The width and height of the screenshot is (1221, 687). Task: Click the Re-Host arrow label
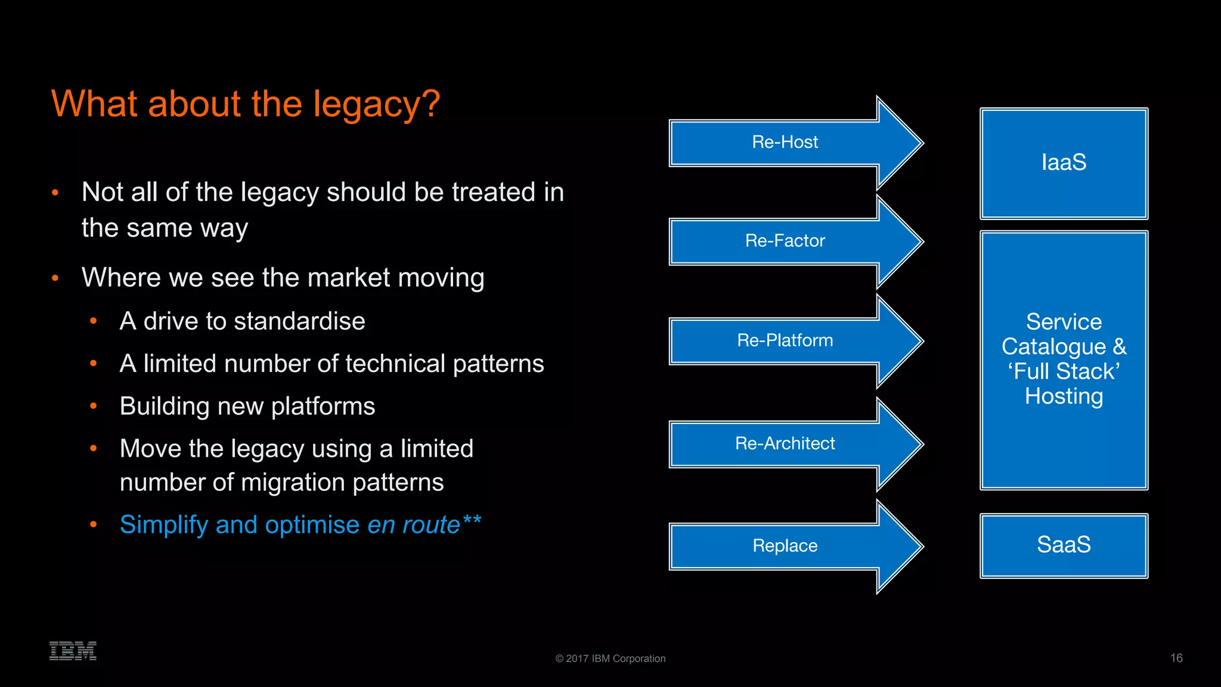point(785,142)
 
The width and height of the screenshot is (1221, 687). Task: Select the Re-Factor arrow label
point(785,241)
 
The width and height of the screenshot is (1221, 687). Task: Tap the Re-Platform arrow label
point(785,341)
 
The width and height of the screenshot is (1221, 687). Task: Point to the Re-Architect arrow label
point(785,444)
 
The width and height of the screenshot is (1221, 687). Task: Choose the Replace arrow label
point(785,546)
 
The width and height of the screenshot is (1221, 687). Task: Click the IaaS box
point(1064,163)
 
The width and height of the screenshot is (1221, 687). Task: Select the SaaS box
point(1064,545)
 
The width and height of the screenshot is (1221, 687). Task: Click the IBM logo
point(73,651)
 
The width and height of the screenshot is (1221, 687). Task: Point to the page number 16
point(1176,658)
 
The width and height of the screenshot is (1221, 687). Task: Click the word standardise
point(299,321)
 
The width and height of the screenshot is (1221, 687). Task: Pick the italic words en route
point(413,525)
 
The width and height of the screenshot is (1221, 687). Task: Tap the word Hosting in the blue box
point(1064,397)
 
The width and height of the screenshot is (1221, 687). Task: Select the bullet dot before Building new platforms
point(94,406)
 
